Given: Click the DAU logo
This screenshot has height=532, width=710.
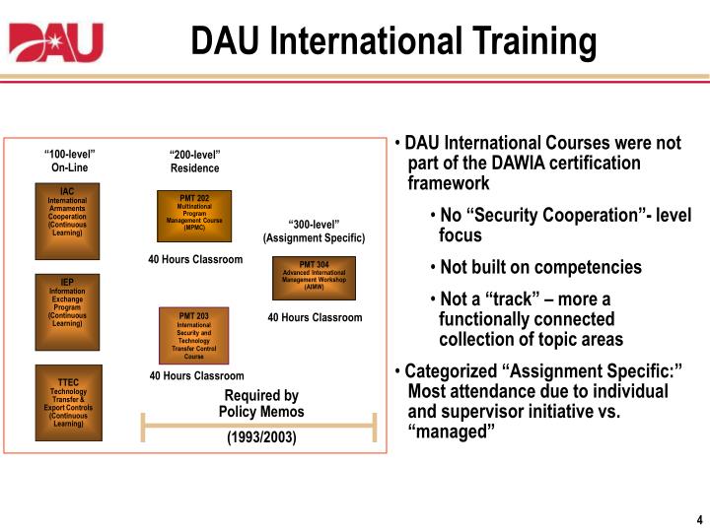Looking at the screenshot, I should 56,41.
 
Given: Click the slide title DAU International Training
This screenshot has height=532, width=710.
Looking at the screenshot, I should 393,41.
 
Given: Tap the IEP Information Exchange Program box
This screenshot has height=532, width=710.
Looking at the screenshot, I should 67,312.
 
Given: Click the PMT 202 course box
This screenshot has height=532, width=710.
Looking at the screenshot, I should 194,216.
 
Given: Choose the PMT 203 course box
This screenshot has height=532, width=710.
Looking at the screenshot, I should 194,336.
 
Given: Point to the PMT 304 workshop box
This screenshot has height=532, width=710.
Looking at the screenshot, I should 314,279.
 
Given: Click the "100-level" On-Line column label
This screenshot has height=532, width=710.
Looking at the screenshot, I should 70,161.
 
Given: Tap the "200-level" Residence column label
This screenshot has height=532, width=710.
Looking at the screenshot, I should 194,162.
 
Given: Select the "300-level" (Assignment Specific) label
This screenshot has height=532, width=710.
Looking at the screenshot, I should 314,231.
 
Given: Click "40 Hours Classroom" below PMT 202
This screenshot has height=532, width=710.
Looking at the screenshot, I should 195,259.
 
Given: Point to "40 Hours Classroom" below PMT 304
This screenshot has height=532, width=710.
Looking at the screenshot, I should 315,317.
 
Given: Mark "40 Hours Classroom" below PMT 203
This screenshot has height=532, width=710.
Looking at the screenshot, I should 196,375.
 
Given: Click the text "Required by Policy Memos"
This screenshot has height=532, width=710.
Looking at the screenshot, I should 261,404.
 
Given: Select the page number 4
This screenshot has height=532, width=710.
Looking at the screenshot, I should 698,519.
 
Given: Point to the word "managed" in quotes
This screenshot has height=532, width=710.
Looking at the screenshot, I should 451,432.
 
